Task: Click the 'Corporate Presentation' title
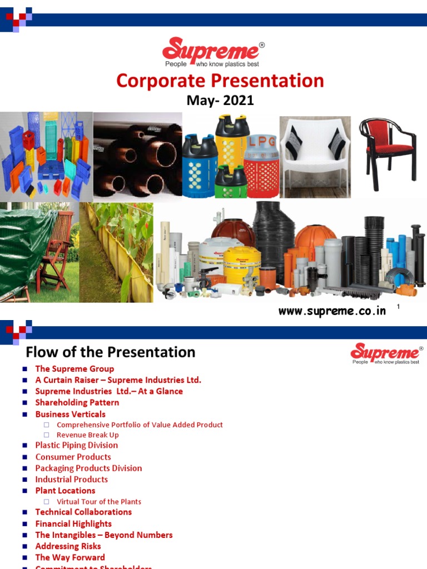[x=220, y=81]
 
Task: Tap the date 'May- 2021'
[x=220, y=101]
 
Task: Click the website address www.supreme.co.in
[x=332, y=311]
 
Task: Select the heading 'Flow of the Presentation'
[x=111, y=352]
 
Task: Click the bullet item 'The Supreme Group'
[x=75, y=369]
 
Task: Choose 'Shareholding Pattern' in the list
[x=77, y=402]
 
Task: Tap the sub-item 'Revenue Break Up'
[x=87, y=435]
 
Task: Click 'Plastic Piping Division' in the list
[x=77, y=445]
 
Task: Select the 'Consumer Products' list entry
[x=73, y=457]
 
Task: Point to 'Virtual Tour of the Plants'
[x=99, y=501]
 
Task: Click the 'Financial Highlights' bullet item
[x=73, y=523]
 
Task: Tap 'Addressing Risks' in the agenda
[x=68, y=546]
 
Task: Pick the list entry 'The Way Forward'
[x=70, y=557]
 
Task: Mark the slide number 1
[x=399, y=307]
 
